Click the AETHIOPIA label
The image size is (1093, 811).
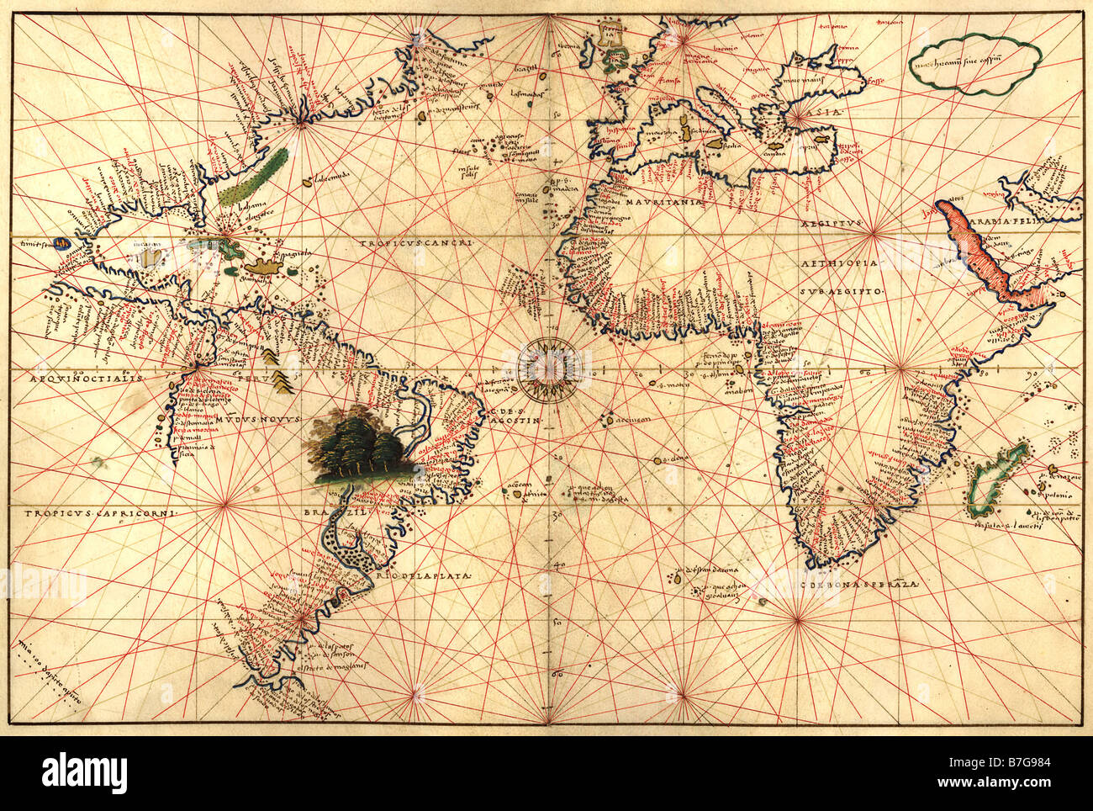tap(838, 263)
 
